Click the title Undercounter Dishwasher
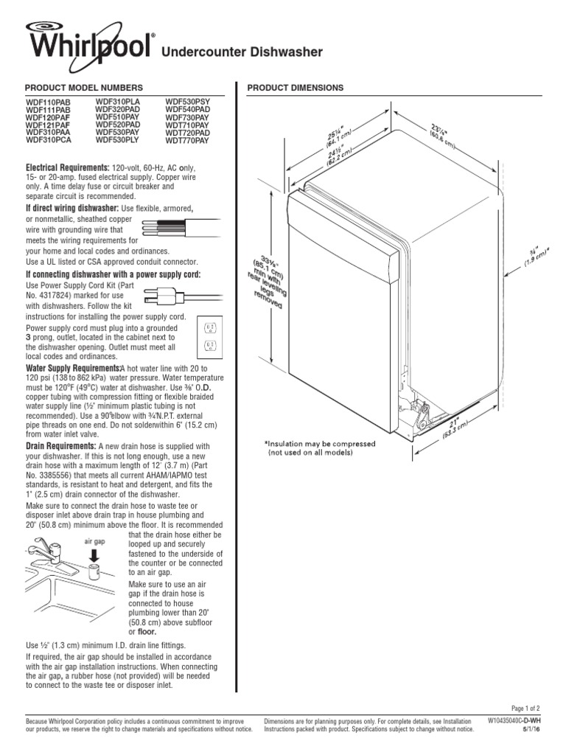coord(242,52)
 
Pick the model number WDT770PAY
coord(187,139)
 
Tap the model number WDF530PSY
coord(187,102)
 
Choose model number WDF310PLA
coord(118,102)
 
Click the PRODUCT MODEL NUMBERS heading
coord(79,88)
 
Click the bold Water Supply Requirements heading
coord(73,367)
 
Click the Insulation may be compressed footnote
coord(320,448)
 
